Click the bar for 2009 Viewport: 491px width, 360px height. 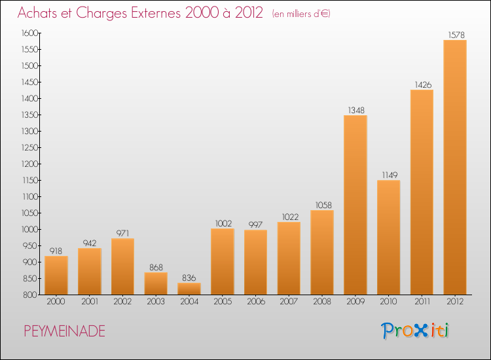click(355, 205)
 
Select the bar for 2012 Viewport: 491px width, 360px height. click(455, 167)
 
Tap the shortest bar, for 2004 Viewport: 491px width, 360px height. click(189, 289)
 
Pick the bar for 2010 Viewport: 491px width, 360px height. click(388, 237)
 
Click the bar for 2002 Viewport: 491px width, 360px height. click(122, 266)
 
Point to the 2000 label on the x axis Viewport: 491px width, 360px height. click(56, 302)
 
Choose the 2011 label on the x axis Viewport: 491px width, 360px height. click(422, 302)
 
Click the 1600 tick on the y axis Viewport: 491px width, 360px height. click(28, 33)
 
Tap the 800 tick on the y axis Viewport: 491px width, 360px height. click(31, 295)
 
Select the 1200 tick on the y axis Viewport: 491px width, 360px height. click(28, 164)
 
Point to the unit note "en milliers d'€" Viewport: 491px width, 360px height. click(292, 14)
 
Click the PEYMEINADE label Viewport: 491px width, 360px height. click(64, 331)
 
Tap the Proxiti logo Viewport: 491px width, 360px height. click(416, 331)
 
